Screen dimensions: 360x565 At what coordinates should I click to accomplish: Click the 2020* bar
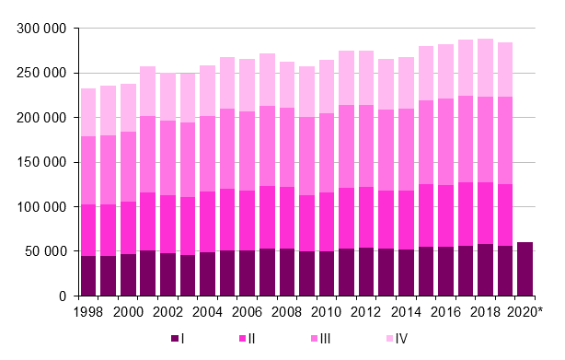(x=525, y=269)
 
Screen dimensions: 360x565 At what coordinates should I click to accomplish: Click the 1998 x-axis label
(x=88, y=311)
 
